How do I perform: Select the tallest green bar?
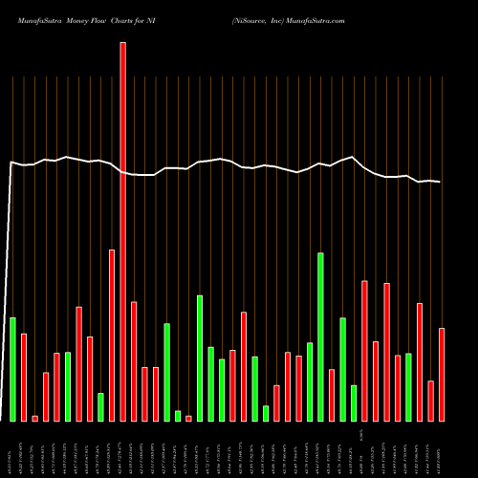click(320, 337)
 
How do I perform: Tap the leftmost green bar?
click(12, 369)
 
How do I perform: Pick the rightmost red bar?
click(442, 374)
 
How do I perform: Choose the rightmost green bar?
click(408, 387)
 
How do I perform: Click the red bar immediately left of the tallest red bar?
click(112, 335)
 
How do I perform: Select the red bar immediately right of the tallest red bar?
click(134, 361)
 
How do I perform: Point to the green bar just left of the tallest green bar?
click(310, 381)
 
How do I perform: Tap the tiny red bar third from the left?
click(34, 418)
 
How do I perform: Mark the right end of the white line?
click(441, 182)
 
